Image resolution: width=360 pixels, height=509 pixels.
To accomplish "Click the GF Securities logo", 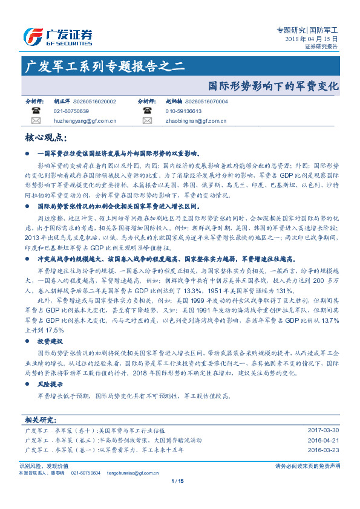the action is [x=57, y=36].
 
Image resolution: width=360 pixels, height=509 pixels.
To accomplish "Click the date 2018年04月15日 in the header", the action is [x=311, y=38].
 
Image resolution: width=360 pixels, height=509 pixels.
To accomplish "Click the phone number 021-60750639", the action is [x=71, y=111].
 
